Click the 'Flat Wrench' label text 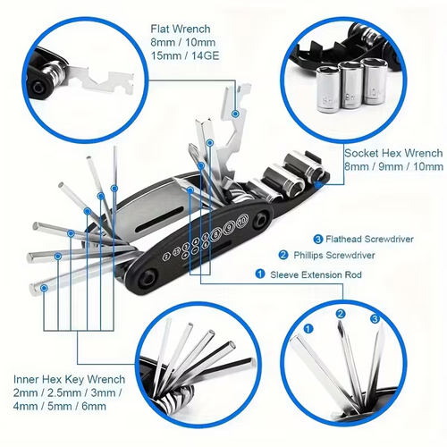pyautogui.click(x=185, y=28)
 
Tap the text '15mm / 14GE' pyautogui.click(x=190, y=56)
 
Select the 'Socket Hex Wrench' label pyautogui.click(x=392, y=153)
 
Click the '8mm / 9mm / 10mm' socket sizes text pyautogui.click(x=393, y=167)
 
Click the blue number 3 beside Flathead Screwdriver pyautogui.click(x=316, y=239)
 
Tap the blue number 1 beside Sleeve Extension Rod pyautogui.click(x=260, y=274)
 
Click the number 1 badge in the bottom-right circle pyautogui.click(x=309, y=328)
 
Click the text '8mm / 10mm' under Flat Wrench pyautogui.click(x=184, y=42)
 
